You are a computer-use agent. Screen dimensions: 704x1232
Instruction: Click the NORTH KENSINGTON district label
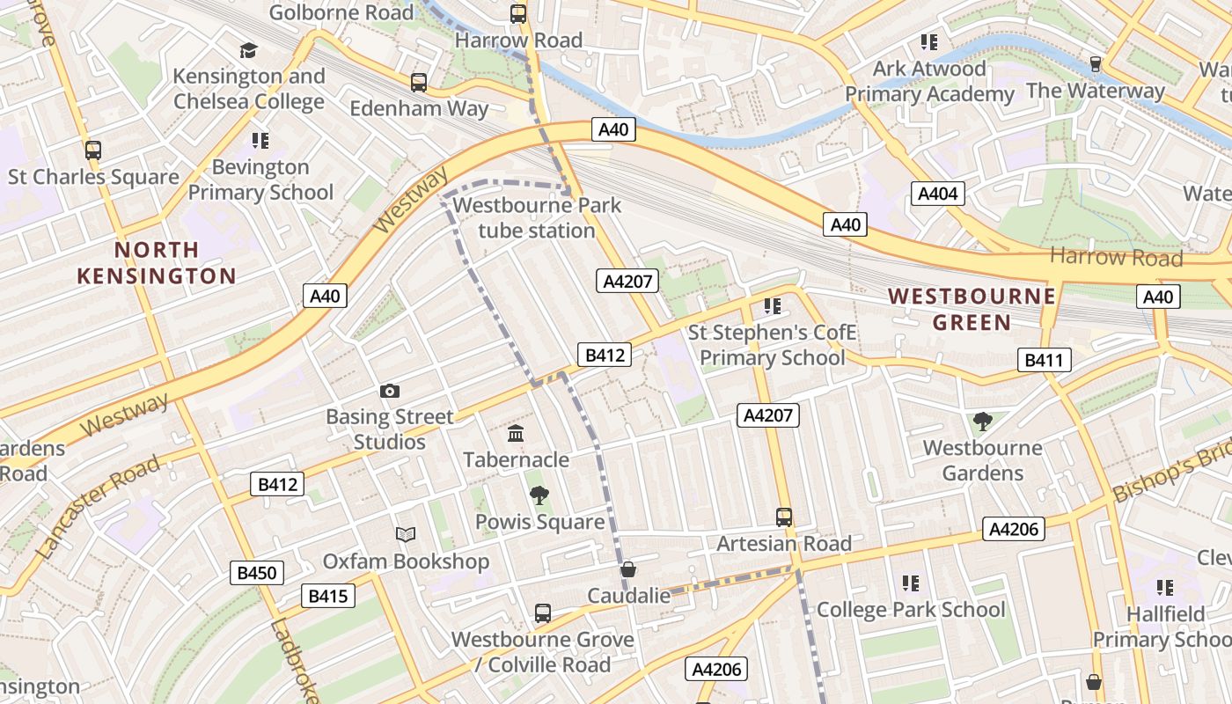156,262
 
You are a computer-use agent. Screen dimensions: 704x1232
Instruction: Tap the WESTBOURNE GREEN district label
972,309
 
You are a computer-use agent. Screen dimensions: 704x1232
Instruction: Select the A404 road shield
938,194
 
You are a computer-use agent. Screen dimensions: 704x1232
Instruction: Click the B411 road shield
1045,359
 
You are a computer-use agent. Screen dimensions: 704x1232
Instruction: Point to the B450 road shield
257,573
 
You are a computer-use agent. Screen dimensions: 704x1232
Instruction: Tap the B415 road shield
327,596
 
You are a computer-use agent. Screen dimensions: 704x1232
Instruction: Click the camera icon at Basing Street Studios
389,391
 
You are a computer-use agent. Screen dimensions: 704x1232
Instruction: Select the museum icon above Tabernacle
516,434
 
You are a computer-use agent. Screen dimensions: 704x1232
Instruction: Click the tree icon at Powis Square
539,495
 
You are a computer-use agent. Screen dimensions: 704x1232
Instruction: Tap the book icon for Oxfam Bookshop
405,534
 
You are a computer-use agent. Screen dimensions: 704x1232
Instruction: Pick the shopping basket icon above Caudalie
627,570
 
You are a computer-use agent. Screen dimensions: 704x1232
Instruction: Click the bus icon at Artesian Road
783,517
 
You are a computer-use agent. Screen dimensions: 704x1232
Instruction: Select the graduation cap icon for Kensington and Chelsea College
248,50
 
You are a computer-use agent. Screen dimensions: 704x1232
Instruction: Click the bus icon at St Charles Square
93,150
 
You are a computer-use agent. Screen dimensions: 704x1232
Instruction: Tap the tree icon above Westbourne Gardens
982,422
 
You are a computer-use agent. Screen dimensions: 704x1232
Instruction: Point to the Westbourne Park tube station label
536,218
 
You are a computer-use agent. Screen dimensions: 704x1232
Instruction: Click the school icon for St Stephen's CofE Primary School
772,306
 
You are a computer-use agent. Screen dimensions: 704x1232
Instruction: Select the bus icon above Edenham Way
419,83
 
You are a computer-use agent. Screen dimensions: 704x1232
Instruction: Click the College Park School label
911,609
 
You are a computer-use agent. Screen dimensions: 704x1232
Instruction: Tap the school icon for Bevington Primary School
260,140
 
